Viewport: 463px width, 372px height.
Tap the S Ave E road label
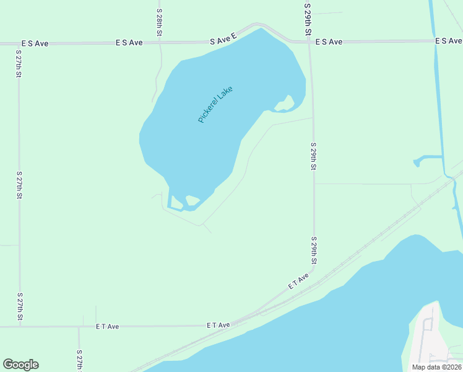tap(223, 39)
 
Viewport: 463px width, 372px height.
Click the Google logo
tap(20, 365)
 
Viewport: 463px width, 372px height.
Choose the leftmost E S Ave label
tap(35, 44)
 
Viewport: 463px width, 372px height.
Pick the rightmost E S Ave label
tap(449, 41)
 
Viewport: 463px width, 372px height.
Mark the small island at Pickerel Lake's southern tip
tap(192, 201)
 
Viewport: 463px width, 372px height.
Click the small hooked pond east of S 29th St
tap(427, 161)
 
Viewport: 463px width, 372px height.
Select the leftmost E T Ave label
tap(107, 326)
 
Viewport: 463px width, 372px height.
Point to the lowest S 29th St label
tap(314, 251)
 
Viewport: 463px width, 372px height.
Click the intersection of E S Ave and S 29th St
tap(309, 42)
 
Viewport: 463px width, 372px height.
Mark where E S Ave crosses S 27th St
tap(18, 44)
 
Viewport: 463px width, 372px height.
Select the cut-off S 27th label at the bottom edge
tap(79, 360)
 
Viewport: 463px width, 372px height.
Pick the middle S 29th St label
tap(314, 156)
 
